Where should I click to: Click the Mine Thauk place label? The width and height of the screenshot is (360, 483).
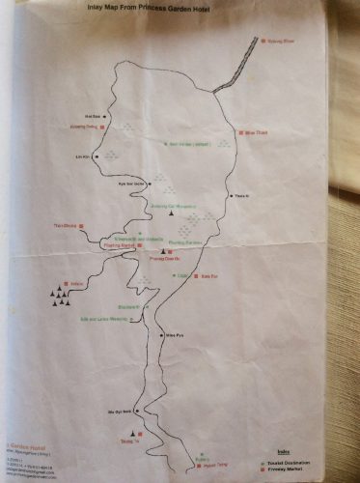258,131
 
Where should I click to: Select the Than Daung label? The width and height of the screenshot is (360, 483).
66,227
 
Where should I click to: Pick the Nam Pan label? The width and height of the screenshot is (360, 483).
205,275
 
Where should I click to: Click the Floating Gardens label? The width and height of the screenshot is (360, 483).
184,241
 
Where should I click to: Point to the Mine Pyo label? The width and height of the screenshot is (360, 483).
175,333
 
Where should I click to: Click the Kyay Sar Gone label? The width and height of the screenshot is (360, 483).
129,183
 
